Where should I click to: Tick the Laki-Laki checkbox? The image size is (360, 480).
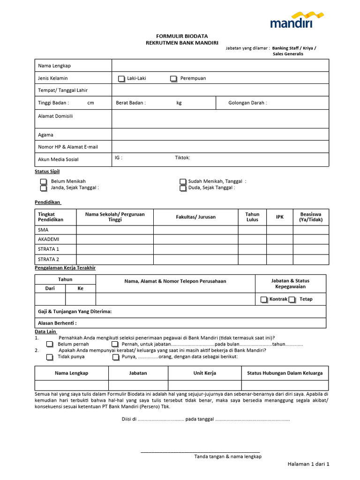[x=121, y=79]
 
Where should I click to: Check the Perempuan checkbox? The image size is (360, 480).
[x=173, y=79]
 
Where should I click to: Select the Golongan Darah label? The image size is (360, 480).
[x=247, y=103]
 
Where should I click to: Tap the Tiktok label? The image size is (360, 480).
[x=182, y=158]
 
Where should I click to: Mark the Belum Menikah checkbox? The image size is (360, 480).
[x=44, y=181]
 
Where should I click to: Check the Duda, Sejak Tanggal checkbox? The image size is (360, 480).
[x=183, y=188]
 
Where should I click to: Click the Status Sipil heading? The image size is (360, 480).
[x=47, y=172]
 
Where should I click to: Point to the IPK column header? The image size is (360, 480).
[x=280, y=217]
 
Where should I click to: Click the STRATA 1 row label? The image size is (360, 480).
[x=48, y=249]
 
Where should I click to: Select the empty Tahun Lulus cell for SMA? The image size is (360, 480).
[x=252, y=230]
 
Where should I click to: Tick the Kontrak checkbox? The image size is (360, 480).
[x=265, y=299]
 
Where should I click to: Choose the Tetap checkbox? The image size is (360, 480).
[x=292, y=299]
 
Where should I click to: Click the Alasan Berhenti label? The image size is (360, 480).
[x=57, y=323]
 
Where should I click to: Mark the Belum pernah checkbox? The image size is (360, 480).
[x=50, y=344]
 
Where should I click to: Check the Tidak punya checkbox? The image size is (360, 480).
[x=50, y=357]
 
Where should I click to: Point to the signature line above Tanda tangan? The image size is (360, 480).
[x=200, y=452]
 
